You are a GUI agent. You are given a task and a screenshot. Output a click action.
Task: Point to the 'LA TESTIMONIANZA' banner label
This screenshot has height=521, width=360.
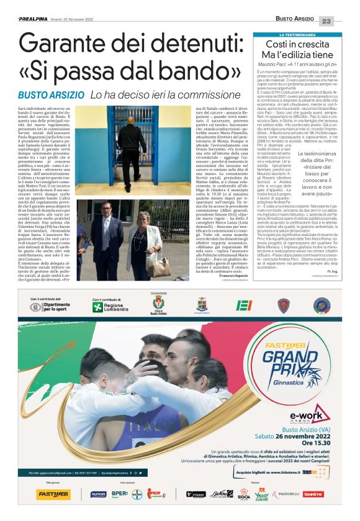pyautogui.click(x=302, y=34)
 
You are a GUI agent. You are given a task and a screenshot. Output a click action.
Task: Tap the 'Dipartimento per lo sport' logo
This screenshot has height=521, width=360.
pyautogui.click(x=56, y=307)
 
